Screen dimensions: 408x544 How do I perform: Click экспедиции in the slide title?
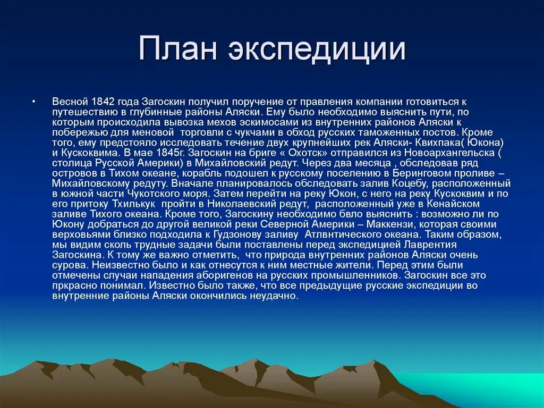317,51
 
